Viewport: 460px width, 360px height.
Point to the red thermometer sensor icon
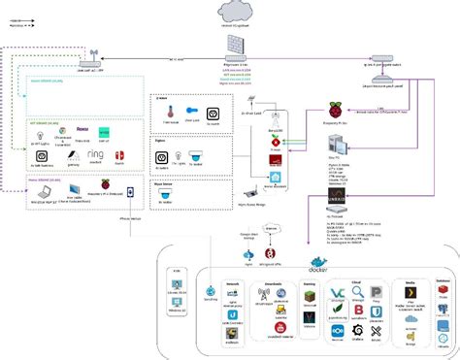(166, 113)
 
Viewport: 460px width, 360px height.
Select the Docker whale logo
(317, 260)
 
